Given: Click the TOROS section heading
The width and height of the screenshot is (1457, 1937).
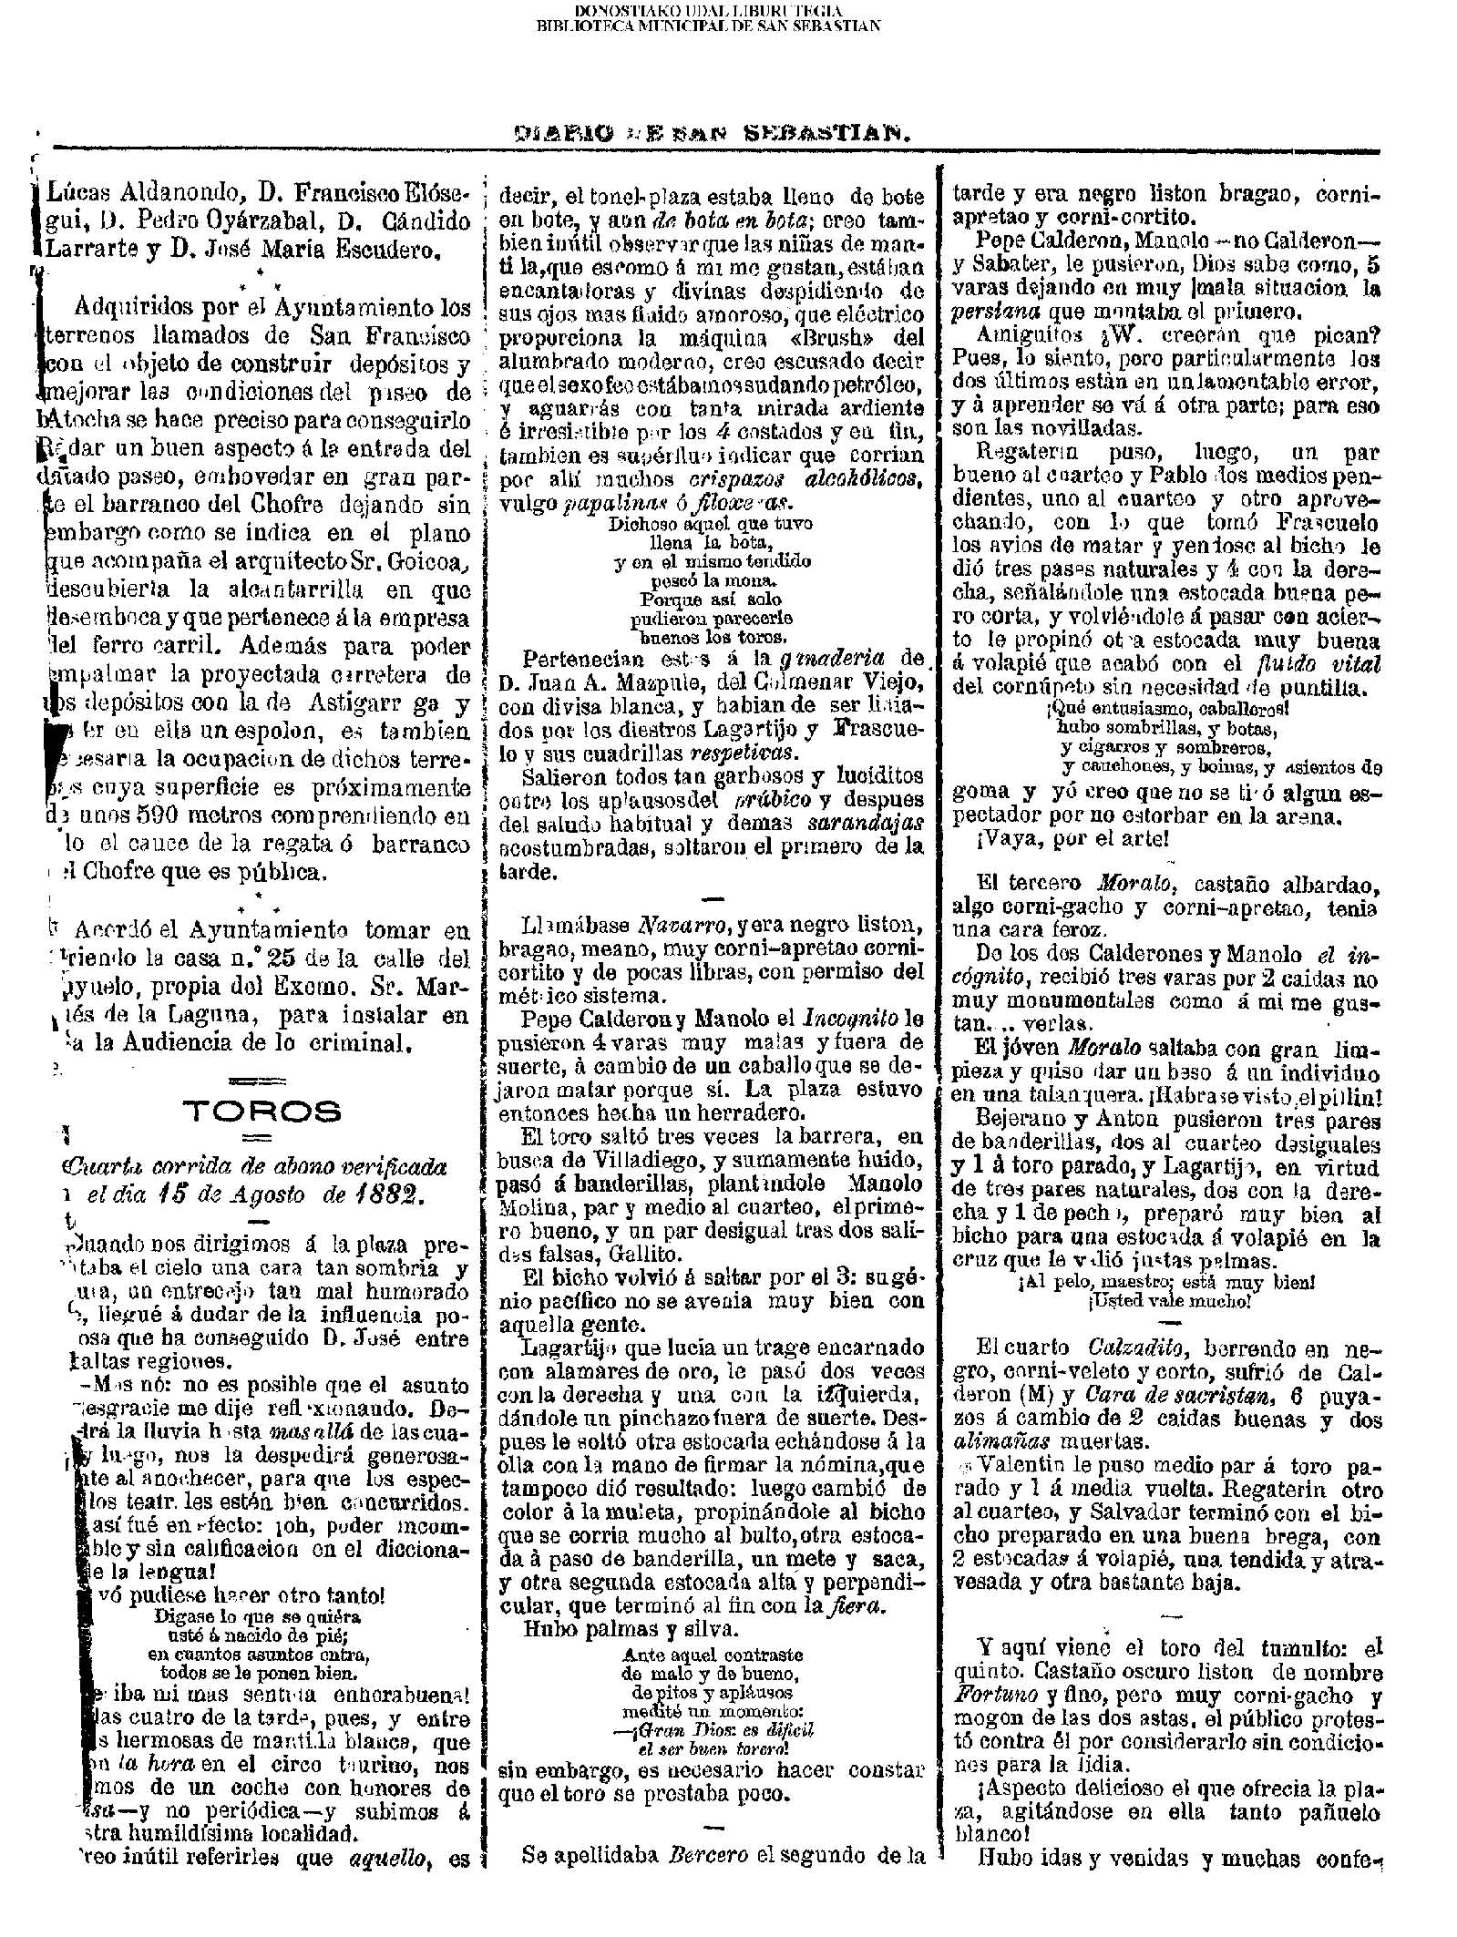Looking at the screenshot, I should (x=262, y=1112).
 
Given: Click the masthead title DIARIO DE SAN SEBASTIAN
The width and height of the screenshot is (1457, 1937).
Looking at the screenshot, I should (x=713, y=133).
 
